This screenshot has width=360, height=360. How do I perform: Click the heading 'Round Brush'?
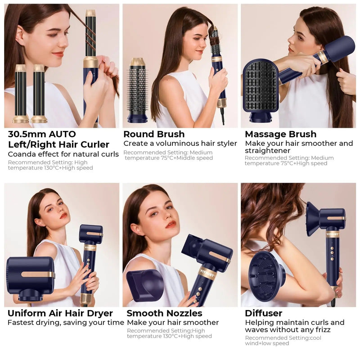[x=154, y=134]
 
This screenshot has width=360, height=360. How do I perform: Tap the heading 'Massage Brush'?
[x=280, y=134]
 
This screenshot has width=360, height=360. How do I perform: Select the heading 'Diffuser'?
[x=263, y=313]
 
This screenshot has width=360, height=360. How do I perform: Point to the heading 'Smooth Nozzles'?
[x=164, y=313]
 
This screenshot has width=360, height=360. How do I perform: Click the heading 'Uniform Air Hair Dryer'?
[x=60, y=313]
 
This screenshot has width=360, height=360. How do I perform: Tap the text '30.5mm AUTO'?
[x=42, y=134]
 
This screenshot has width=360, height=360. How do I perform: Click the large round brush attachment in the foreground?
[x=137, y=90]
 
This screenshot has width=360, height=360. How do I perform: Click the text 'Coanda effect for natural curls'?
[x=63, y=154]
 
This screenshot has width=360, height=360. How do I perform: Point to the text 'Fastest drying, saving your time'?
[x=66, y=323]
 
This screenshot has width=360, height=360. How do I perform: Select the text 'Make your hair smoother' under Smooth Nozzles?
[x=173, y=323]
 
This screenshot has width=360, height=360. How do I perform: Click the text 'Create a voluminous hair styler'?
[x=180, y=144]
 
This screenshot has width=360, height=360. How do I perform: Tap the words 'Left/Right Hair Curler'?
[x=58, y=144]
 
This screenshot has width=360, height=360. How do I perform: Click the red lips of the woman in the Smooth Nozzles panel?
[x=171, y=224]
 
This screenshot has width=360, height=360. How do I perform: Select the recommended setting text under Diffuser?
[x=283, y=341]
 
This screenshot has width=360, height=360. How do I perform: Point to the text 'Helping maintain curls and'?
[x=294, y=323]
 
